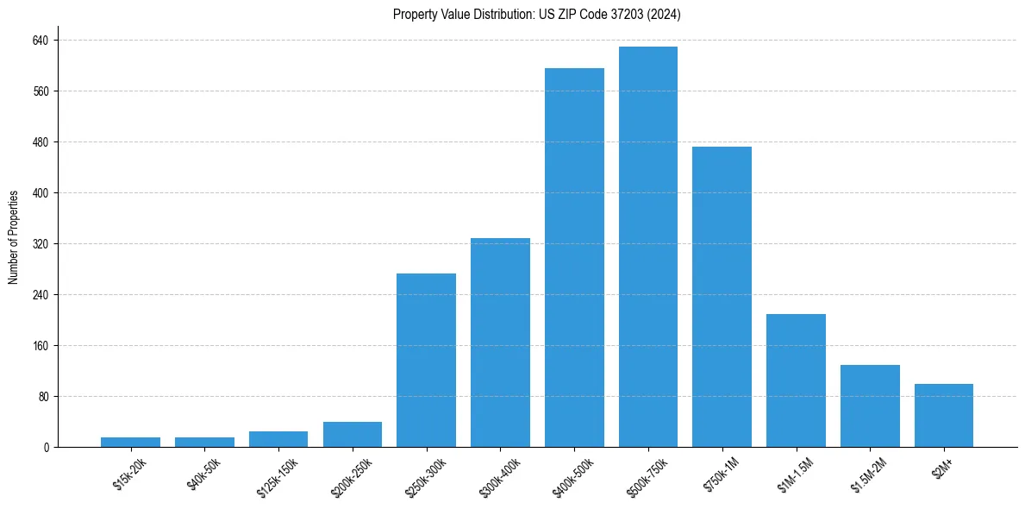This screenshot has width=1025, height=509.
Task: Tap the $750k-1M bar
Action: click(x=722, y=297)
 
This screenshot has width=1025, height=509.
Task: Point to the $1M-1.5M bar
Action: click(x=796, y=380)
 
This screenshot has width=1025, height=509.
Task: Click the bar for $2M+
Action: click(x=944, y=415)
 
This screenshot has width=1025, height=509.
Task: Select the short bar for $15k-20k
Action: click(x=130, y=442)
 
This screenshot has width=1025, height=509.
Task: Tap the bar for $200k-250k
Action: click(x=353, y=434)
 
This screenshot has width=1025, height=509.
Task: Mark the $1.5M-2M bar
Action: click(x=870, y=405)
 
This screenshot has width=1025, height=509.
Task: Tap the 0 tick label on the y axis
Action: click(x=46, y=448)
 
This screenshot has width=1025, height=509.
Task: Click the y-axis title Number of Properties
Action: click(x=14, y=237)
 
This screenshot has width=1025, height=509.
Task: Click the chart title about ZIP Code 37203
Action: click(x=537, y=15)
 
